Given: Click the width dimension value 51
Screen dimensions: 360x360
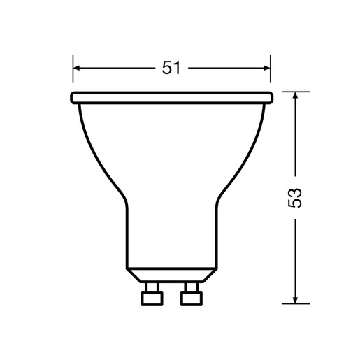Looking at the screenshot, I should [171, 68].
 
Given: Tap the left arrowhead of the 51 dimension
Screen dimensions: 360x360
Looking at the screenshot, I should [77, 68].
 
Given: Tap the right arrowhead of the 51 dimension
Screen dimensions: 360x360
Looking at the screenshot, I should [266, 68].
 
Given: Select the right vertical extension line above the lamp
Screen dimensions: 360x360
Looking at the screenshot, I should [271, 70].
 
